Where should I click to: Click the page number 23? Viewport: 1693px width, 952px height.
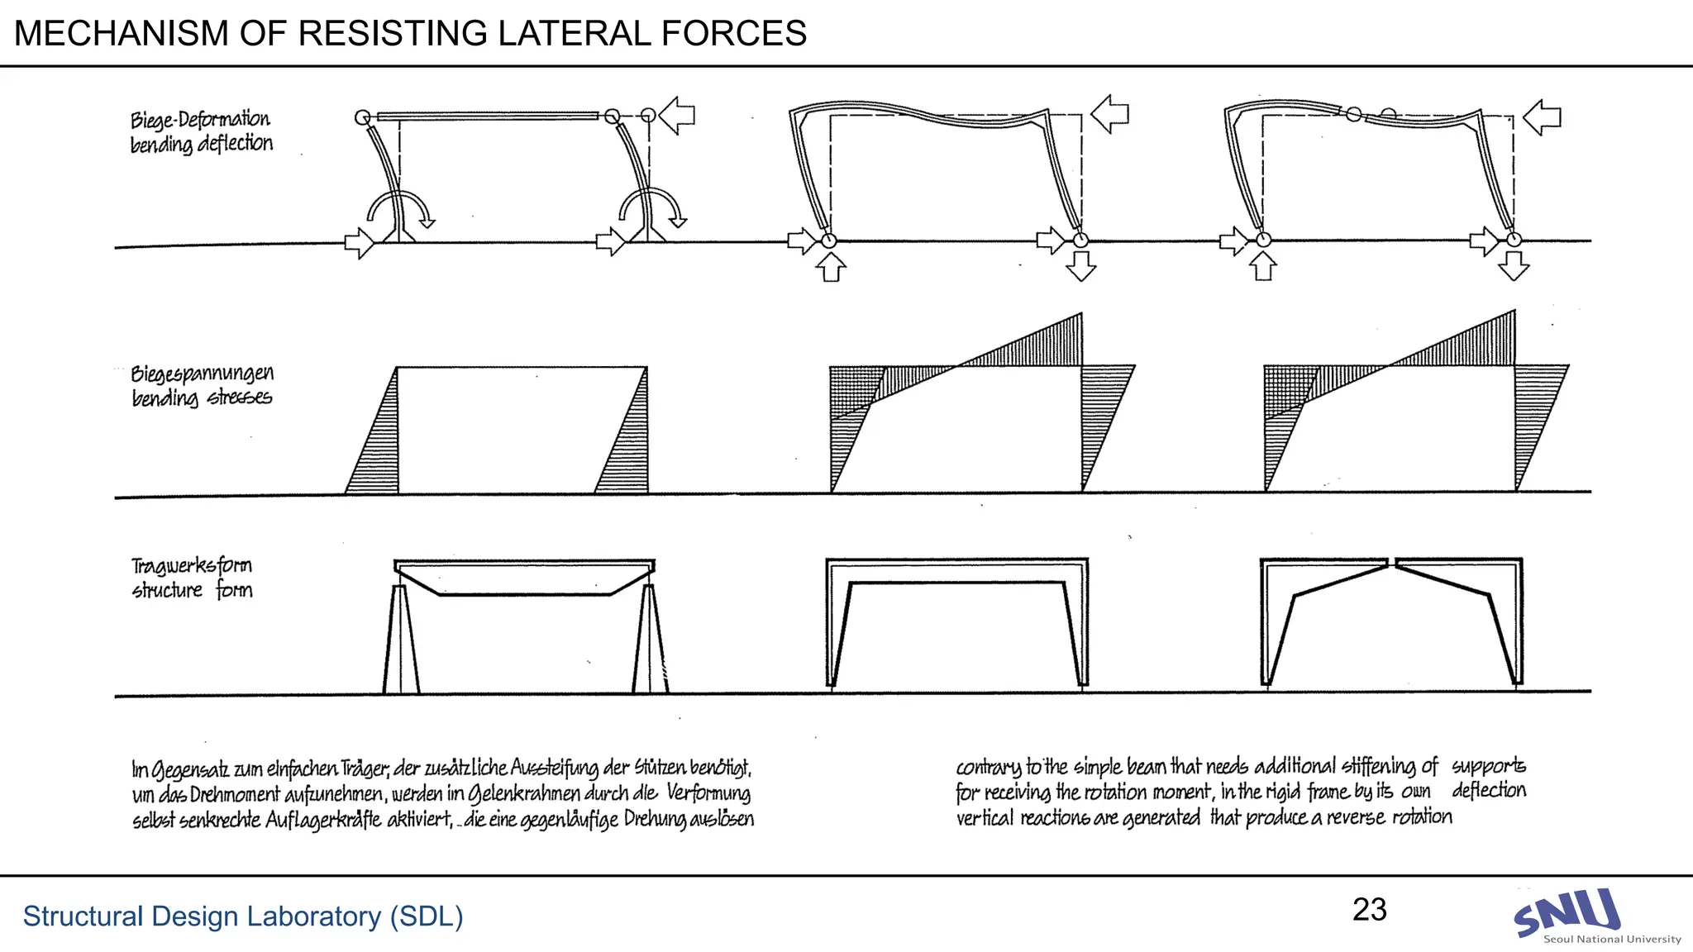point(1369,910)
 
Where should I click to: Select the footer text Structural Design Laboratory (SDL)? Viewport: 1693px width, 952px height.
point(243,916)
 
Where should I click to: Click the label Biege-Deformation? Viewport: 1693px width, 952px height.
point(200,120)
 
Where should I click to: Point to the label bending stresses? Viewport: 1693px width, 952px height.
point(202,397)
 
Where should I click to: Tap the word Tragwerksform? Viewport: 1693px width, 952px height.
point(192,566)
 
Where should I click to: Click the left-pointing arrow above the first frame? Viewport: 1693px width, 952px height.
point(677,115)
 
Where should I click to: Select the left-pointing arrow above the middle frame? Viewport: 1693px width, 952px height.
point(1110,113)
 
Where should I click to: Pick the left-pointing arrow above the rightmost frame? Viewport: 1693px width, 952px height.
point(1542,117)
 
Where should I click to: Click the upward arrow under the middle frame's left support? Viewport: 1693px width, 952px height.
point(832,267)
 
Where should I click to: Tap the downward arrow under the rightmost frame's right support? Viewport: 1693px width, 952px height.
point(1514,265)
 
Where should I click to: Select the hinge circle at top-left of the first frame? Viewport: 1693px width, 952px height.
point(362,117)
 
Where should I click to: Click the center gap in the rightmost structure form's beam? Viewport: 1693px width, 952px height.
point(1392,563)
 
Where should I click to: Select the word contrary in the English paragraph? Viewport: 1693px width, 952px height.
point(988,767)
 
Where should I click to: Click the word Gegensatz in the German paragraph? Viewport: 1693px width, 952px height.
point(191,770)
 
